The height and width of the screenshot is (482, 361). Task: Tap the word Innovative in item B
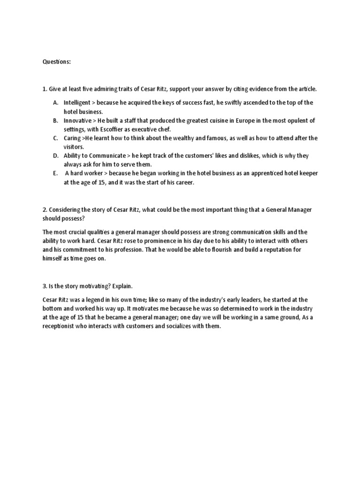pos(78,120)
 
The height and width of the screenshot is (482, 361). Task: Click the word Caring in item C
pos(72,138)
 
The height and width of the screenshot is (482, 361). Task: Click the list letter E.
pos(55,173)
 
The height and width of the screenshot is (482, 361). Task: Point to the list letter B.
pos(55,120)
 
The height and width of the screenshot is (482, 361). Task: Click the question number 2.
pos(45,209)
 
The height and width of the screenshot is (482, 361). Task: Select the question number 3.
pos(45,286)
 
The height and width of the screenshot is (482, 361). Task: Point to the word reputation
pos(273,249)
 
